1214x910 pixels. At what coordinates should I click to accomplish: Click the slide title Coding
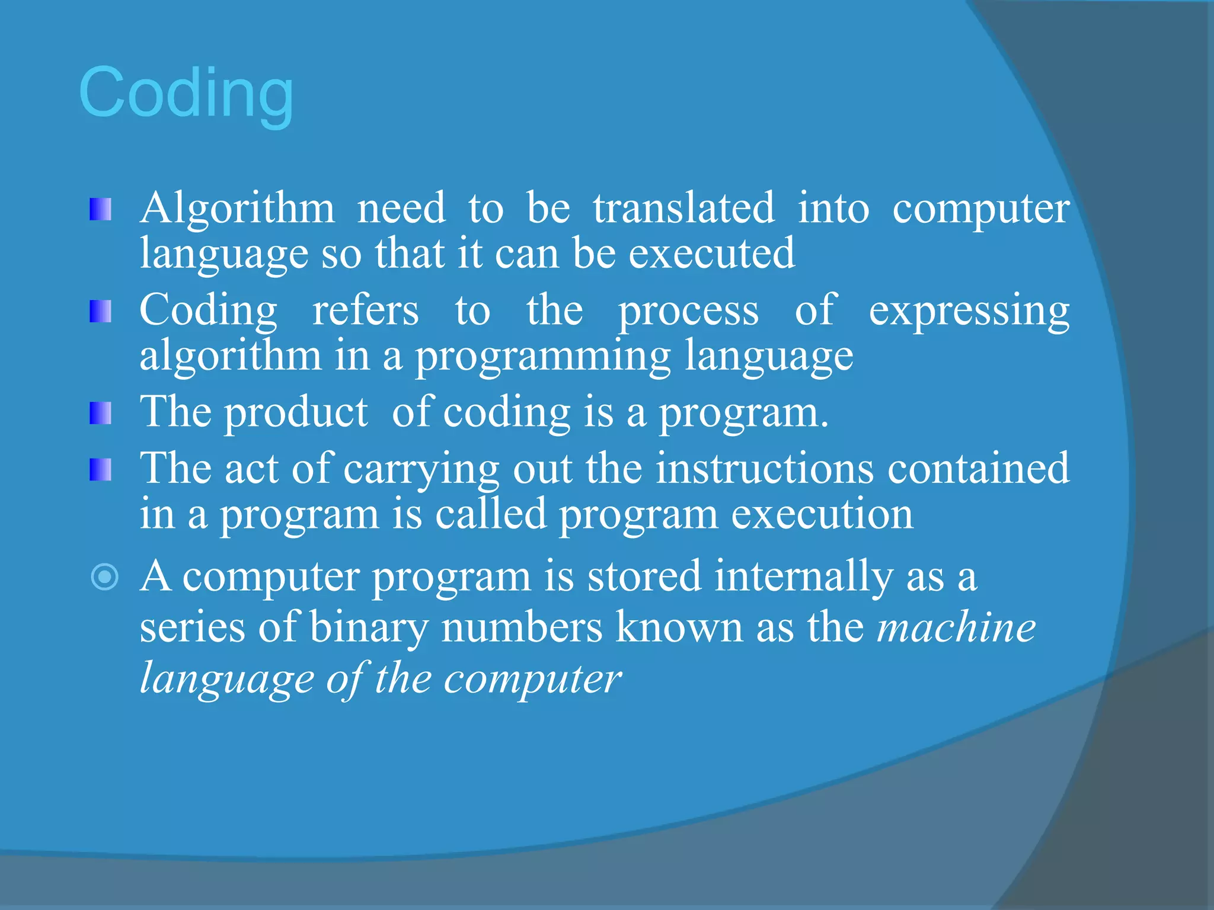pyautogui.click(x=186, y=93)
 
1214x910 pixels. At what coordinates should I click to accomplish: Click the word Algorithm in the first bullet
pyautogui.click(x=237, y=209)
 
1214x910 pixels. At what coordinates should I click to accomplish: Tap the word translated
pyautogui.click(x=683, y=208)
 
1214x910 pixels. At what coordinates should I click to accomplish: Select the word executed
pyautogui.click(x=711, y=253)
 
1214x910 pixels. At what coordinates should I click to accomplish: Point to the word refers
pyautogui.click(x=365, y=310)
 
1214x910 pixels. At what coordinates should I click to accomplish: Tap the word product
pyautogui.click(x=295, y=412)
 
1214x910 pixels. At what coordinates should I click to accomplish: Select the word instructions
pyautogui.click(x=765, y=468)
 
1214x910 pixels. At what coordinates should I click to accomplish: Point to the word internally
pyautogui.click(x=803, y=576)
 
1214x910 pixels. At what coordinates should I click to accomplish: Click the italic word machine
pyautogui.click(x=956, y=627)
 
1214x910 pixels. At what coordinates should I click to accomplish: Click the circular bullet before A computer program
pyautogui.click(x=105, y=576)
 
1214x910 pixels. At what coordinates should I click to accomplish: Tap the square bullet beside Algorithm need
pyautogui.click(x=100, y=209)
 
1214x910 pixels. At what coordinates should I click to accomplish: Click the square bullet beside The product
pyautogui.click(x=100, y=413)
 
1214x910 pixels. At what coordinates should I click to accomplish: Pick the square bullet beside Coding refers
pyautogui.click(x=100, y=311)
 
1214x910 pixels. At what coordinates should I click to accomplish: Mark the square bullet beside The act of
pyautogui.click(x=100, y=469)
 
